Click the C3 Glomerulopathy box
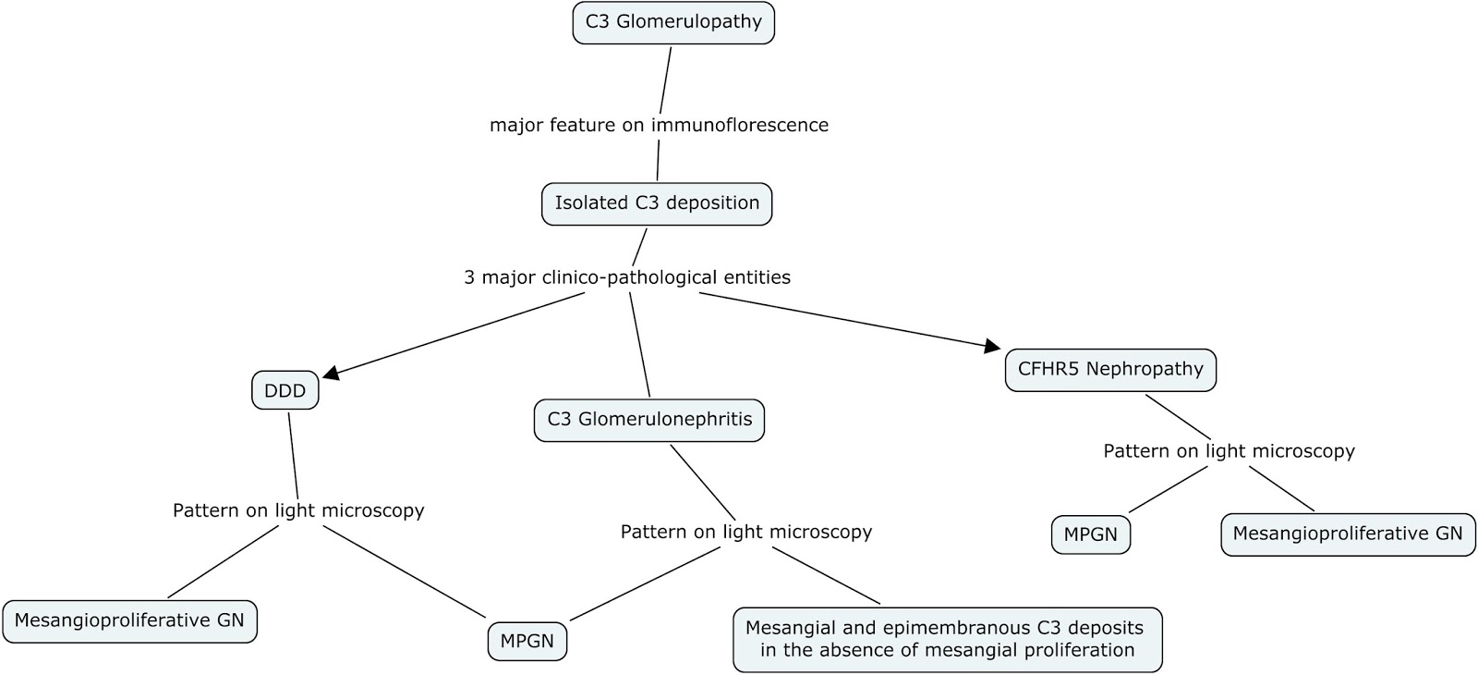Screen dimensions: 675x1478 pos(673,23)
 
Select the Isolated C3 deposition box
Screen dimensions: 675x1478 pos(657,203)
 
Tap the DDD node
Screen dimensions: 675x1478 pos(285,391)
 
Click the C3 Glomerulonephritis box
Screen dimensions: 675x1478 pos(649,420)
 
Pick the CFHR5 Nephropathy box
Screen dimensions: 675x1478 pos(1110,370)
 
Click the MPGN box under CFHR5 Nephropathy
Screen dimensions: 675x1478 pos(1090,534)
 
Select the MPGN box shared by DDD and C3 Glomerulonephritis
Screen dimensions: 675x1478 pos(527,642)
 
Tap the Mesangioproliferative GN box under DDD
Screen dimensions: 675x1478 pos(129,620)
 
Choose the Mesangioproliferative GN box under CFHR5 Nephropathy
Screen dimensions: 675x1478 pos(1348,534)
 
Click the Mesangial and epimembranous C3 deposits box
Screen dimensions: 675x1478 pos(947,638)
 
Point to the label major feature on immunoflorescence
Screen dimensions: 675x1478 pos(659,125)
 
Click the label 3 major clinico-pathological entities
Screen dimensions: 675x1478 pos(627,277)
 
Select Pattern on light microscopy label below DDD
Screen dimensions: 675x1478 pos(298,510)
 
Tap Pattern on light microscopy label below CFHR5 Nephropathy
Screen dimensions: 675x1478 pos(1229,451)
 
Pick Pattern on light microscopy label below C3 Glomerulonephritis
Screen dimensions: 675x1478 pos(745,532)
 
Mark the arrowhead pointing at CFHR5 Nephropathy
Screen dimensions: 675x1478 pos(993,347)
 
